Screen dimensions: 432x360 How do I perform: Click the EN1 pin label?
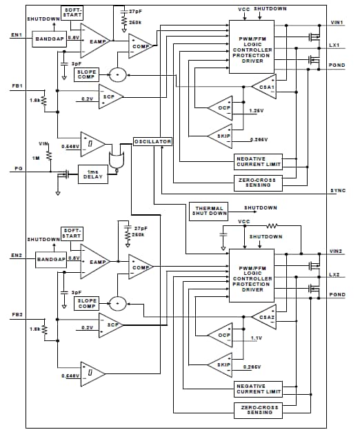17,34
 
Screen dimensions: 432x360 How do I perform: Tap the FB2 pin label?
17,316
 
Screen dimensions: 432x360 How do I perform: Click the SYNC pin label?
337,189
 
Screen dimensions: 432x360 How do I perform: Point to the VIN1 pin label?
337,22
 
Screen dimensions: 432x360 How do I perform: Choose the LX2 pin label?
335,274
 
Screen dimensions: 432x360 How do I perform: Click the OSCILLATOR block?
152,141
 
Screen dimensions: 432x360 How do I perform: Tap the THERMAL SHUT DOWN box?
210,210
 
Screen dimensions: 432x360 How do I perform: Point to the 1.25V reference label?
255,110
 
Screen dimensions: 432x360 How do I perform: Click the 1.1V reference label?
256,338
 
